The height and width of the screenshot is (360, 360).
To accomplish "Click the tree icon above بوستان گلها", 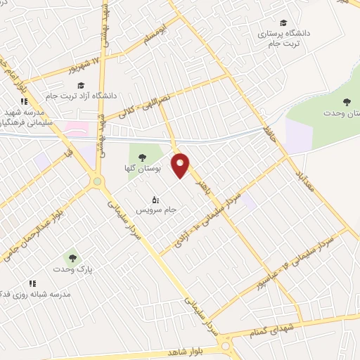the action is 143,157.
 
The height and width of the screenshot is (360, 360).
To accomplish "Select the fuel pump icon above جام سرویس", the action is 155,199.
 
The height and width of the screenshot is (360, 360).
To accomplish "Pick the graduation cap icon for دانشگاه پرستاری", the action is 283,23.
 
